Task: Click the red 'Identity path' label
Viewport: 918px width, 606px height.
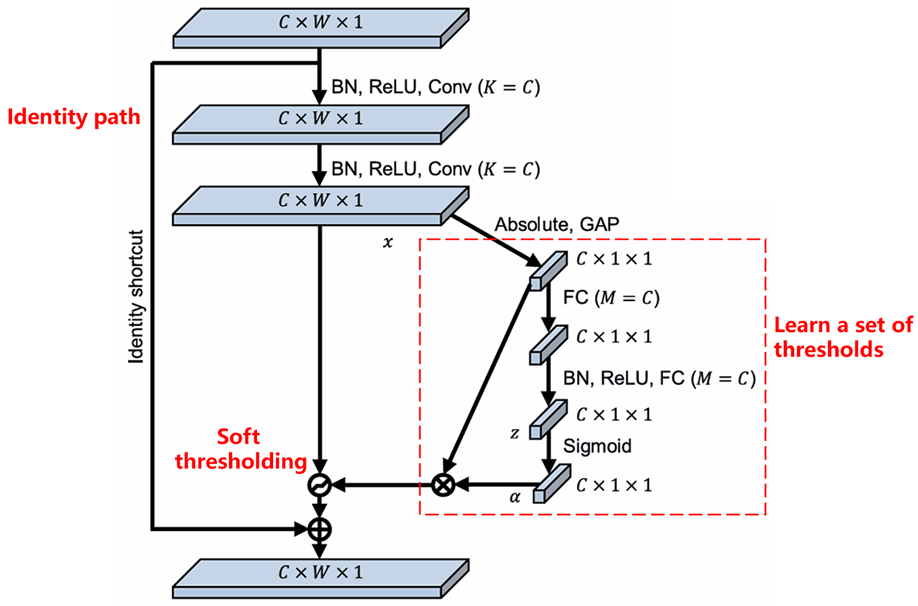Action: coord(73,116)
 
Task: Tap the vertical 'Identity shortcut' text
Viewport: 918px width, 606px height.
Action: coord(135,296)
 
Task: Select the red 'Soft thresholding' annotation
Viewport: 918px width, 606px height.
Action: coord(240,449)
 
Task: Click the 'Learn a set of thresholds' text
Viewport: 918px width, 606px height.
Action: coord(842,337)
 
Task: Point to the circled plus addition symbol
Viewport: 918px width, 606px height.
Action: coord(319,529)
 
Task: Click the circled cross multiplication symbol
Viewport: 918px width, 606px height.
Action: coord(443,485)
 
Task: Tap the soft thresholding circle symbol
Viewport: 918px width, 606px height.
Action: coord(319,485)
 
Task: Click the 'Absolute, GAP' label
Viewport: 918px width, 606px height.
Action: coord(557,224)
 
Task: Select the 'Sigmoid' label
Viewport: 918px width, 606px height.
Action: coord(597,446)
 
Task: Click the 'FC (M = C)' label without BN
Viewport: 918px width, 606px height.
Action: coord(611,298)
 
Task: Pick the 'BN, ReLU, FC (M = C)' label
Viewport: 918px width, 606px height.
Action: coord(659,378)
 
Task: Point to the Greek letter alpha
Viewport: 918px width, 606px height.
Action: coord(515,497)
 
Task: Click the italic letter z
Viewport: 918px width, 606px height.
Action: coord(514,434)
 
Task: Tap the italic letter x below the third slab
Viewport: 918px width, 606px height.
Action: coord(388,243)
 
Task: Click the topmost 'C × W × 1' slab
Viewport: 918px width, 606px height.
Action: coord(320,27)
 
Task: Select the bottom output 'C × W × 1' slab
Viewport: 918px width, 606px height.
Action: coord(320,577)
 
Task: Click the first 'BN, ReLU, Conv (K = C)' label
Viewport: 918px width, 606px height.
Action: coord(435,87)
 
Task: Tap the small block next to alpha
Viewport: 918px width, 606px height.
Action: coord(551,484)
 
